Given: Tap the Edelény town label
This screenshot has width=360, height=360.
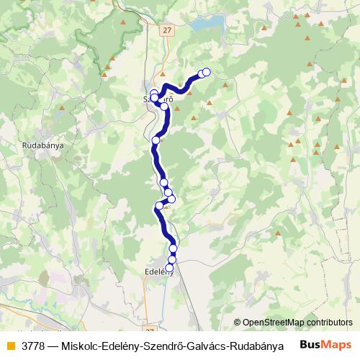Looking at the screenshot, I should click(x=159, y=271).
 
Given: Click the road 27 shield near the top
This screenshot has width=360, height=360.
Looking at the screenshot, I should click(x=167, y=30).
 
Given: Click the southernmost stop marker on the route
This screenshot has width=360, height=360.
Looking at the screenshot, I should click(x=170, y=268).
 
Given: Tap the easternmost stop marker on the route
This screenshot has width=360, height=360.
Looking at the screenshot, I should click(x=207, y=71).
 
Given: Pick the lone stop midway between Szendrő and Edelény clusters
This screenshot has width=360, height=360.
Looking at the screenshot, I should click(x=156, y=140).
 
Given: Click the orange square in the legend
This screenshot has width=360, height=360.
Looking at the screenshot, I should click(x=9, y=345).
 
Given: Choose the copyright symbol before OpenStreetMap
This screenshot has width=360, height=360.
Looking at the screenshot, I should click(x=238, y=322).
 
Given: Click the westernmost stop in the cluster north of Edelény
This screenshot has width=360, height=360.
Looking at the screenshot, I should click(x=159, y=206).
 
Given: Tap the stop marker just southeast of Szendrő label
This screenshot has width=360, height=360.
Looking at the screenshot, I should click(x=164, y=107).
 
